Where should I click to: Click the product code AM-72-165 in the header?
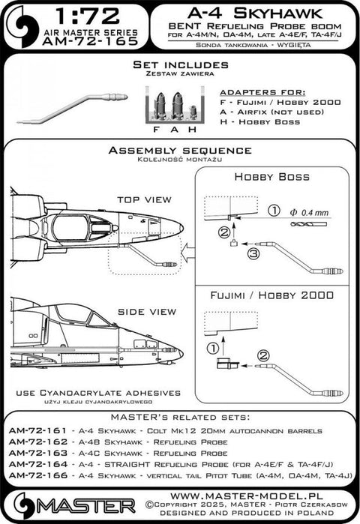point(96,46)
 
